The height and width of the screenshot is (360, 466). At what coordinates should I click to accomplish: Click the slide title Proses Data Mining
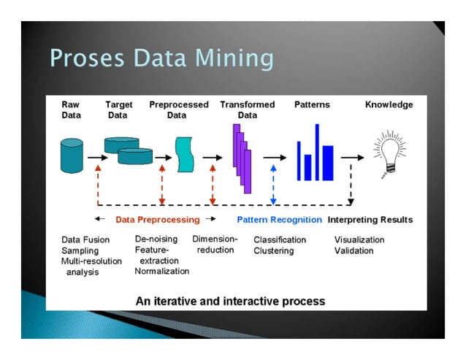point(161,58)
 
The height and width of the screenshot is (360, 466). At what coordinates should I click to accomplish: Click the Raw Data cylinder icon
point(72,156)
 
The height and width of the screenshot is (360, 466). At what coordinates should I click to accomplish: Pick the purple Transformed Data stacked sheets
point(242,158)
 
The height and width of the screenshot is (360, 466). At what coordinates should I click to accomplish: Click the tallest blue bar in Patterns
point(317,152)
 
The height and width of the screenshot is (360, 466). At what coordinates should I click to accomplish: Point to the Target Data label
point(119,110)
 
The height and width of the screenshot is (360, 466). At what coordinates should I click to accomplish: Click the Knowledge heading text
point(389,105)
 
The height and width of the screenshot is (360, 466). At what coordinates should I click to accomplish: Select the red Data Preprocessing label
point(157,220)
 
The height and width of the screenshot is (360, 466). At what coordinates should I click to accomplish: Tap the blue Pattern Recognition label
point(279,220)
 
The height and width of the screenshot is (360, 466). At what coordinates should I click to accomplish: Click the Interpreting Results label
point(370,220)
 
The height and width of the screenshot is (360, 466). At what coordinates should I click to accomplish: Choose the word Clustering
point(273,251)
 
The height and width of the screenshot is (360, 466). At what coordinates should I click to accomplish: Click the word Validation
point(354,251)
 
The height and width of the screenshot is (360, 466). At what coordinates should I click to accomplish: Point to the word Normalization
point(161,271)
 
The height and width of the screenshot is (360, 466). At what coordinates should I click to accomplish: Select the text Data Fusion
point(86,240)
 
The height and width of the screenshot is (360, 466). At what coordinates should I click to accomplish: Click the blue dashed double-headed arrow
point(273,184)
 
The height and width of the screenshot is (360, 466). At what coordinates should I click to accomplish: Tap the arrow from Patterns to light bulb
point(351,157)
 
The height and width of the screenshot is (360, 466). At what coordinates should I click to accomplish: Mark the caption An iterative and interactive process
point(230,301)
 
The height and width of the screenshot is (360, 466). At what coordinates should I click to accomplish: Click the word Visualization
point(359,240)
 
